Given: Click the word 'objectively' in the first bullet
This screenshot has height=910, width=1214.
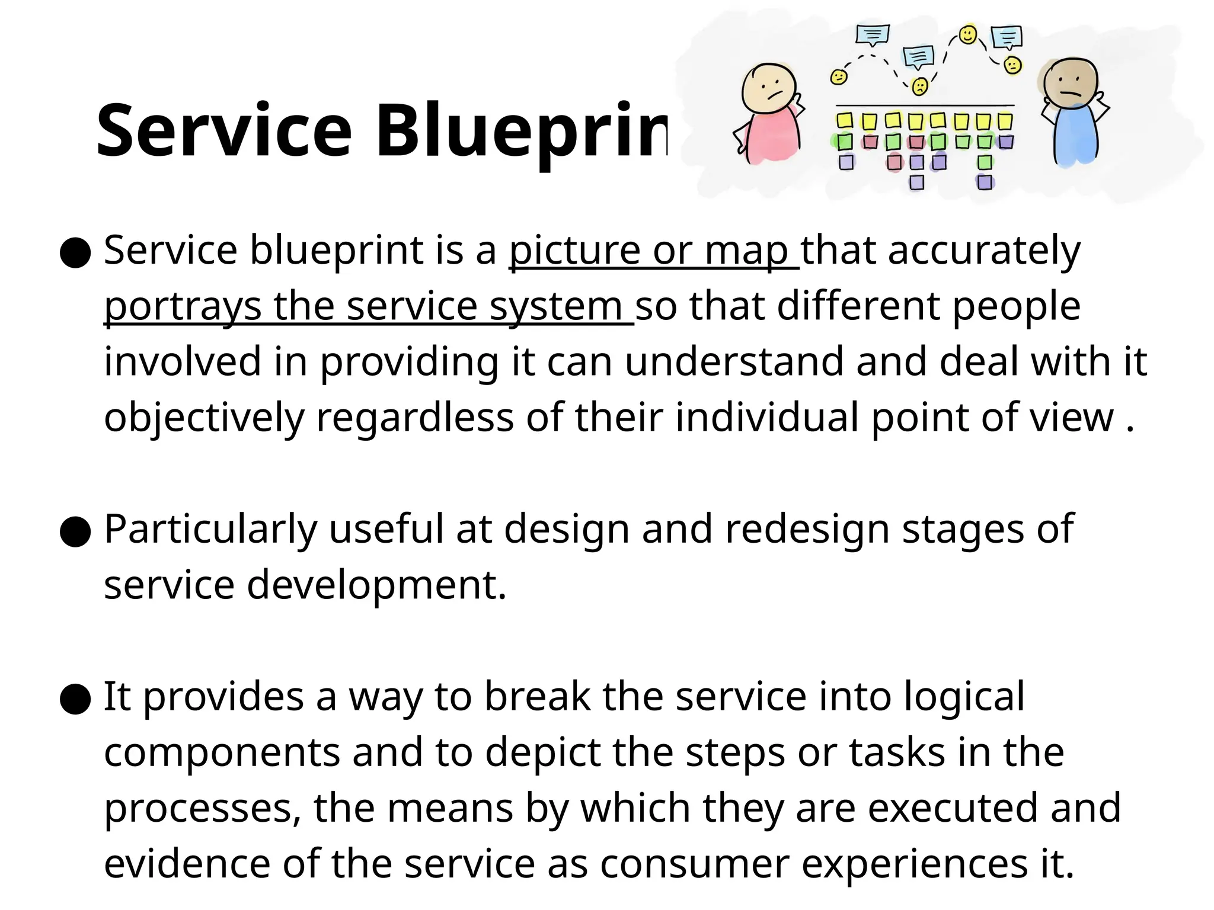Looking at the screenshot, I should pyautogui.click(x=203, y=418).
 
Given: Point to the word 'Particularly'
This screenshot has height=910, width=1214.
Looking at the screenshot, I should pyautogui.click(x=210, y=529).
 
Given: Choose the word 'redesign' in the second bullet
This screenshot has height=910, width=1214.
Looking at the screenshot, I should pyautogui.click(x=807, y=529).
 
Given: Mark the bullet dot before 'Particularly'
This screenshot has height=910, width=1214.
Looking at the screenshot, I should pyautogui.click(x=75, y=532).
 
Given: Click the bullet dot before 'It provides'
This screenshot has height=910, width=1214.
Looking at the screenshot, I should pyautogui.click(x=75, y=699).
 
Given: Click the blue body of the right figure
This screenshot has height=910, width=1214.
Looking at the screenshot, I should pyautogui.click(x=1075, y=135).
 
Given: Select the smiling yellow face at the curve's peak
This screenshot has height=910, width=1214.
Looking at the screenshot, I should pyautogui.click(x=968, y=34).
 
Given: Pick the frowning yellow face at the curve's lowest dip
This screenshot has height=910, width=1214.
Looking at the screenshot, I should pyautogui.click(x=919, y=86).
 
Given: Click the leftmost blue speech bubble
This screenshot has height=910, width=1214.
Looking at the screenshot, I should pyautogui.click(x=873, y=35).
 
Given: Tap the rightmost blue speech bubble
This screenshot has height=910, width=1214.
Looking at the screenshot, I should pyautogui.click(x=1007, y=37).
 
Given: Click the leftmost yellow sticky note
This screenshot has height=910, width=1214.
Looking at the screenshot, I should pyautogui.click(x=845, y=121).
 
